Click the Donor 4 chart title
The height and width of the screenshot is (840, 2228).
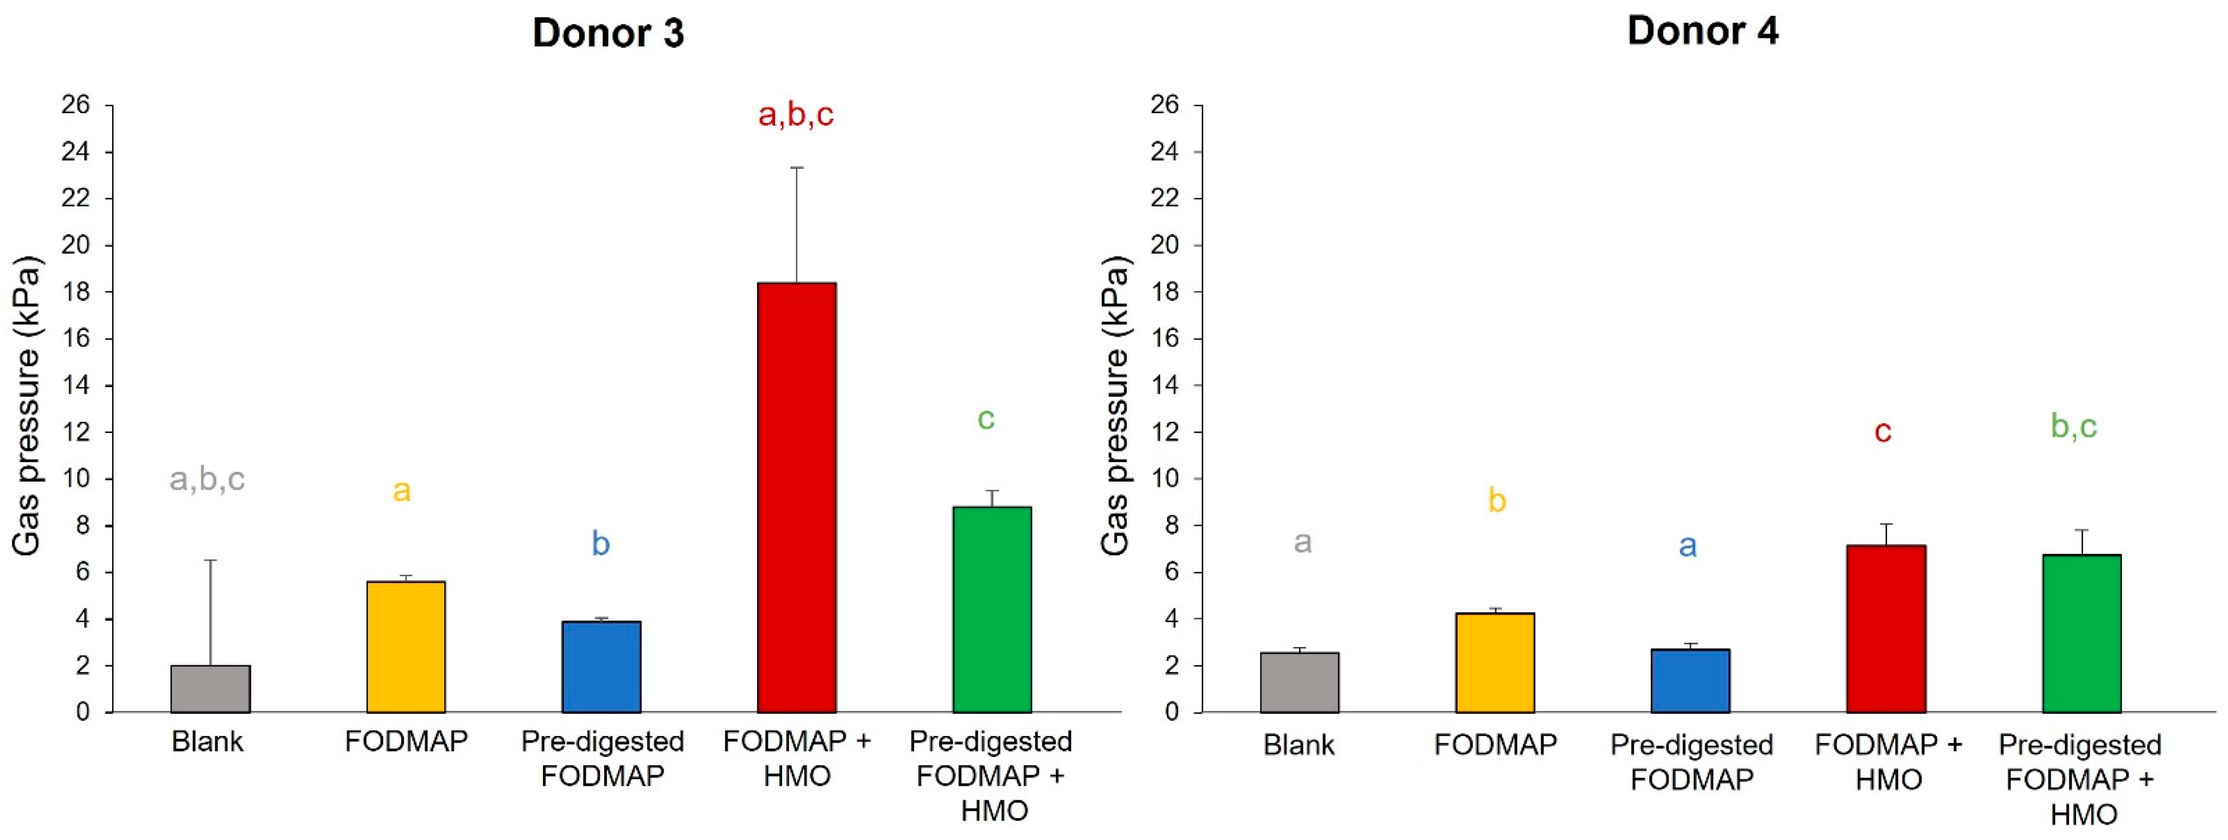[1702, 31]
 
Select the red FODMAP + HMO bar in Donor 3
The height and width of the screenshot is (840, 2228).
[796, 497]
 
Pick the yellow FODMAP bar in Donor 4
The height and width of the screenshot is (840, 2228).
[1494, 663]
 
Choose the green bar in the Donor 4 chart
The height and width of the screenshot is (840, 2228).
[2081, 633]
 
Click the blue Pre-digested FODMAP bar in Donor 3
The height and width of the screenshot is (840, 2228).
[601, 666]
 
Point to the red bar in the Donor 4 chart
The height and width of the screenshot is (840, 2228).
[1885, 629]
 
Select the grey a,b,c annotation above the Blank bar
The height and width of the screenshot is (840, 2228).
[206, 478]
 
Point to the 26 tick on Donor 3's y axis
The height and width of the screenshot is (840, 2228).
[75, 105]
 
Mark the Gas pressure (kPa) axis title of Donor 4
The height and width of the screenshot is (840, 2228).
[1116, 406]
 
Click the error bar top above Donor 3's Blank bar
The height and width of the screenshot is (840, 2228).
[210, 561]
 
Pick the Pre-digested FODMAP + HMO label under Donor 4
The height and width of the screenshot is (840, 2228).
[2080, 779]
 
